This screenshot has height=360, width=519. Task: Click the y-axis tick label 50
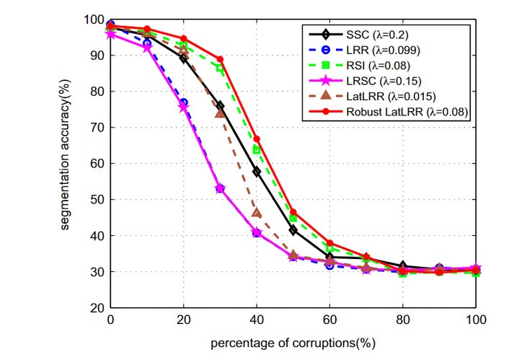point(97,200)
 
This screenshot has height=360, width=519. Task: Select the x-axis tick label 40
point(257,320)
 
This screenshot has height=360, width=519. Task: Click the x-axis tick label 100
point(475,320)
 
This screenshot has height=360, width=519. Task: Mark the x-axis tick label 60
point(329,320)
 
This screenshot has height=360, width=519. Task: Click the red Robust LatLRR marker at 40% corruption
point(257,139)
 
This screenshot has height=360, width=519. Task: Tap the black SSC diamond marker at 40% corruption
point(257,171)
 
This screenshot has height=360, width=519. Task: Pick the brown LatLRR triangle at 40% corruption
point(257,213)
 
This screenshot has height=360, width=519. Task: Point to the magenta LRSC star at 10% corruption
point(147,48)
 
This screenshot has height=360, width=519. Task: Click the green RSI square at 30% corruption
point(220,68)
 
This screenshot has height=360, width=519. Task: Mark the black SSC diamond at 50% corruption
point(293,230)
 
